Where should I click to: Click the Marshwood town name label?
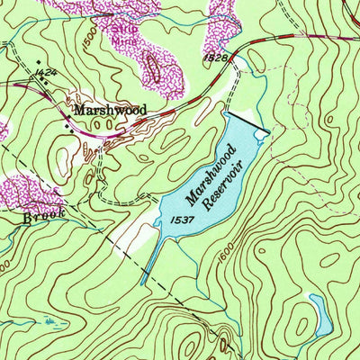[x=110, y=110]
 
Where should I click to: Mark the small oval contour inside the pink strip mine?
[x=151, y=66]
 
